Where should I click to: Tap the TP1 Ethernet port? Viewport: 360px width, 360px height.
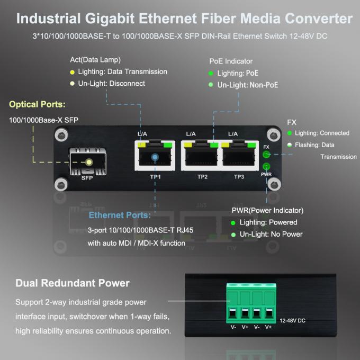pyautogui.click(x=155, y=157)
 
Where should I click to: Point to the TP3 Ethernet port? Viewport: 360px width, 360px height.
pyautogui.click(x=239, y=157)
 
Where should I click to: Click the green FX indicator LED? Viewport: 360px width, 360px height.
pyautogui.click(x=266, y=155)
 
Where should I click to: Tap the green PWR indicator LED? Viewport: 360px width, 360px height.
pyautogui.click(x=266, y=167)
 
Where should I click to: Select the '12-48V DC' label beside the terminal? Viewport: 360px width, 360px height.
pyautogui.click(x=293, y=321)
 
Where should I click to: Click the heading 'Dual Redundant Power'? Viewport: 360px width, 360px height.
pyautogui.click(x=73, y=283)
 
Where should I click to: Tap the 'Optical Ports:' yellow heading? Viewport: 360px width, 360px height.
pyautogui.click(x=37, y=104)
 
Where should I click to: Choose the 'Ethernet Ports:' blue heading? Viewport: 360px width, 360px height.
pyautogui.click(x=120, y=215)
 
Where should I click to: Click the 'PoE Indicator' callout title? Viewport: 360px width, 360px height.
pyautogui.click(x=231, y=61)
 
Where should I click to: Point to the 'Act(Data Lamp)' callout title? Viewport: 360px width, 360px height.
pyautogui.click(x=95, y=59)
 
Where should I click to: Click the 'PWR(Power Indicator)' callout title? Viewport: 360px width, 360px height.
pyautogui.click(x=267, y=210)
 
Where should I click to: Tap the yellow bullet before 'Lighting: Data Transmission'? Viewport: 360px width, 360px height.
pyautogui.click(x=72, y=72)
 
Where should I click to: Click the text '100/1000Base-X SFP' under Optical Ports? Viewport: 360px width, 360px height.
pyautogui.click(x=43, y=120)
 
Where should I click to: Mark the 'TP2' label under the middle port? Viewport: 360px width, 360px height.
pyautogui.click(x=202, y=177)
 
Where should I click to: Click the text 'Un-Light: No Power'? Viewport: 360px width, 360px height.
pyautogui.click(x=271, y=234)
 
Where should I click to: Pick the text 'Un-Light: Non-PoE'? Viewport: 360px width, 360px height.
pyautogui.click(x=248, y=85)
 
